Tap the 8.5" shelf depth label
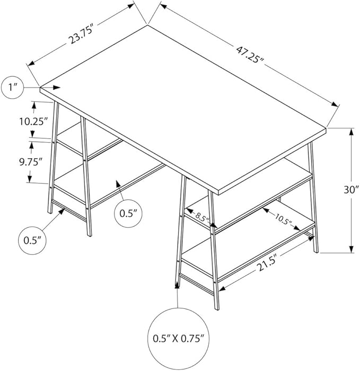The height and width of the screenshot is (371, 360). pos(200,215)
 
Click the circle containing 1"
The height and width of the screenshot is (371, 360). pos(15,88)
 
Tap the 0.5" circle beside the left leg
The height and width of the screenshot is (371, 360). pos(33,240)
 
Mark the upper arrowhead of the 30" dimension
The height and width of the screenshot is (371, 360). pos(351,132)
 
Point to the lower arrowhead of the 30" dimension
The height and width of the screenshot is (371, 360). pos(351,249)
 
